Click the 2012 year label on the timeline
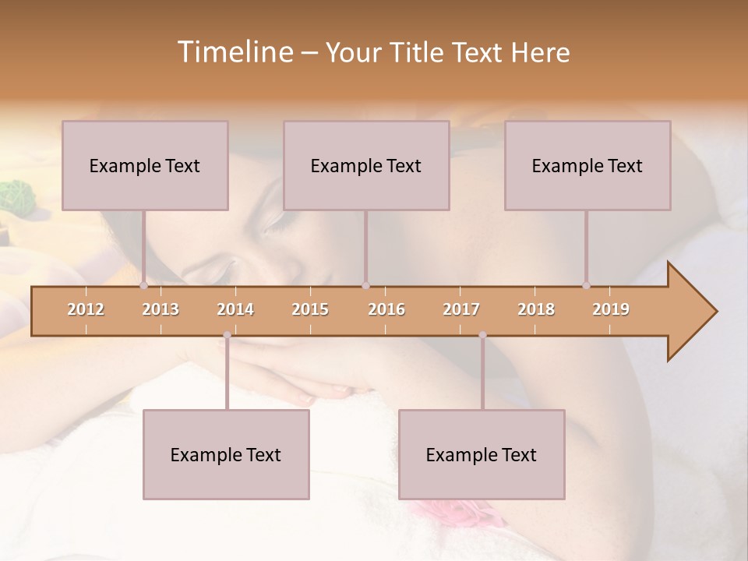(86, 309)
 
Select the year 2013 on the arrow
(161, 309)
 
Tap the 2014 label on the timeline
(235, 309)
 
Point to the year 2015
(310, 309)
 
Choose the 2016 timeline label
(386, 309)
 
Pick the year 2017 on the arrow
(461, 309)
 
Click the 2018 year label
(536, 309)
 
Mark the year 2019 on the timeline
(611, 309)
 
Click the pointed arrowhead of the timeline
(693, 312)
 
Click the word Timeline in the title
(234, 52)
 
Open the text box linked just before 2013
(145, 165)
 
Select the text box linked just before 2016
(366, 165)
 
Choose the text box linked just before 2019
(587, 165)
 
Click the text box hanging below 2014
(226, 454)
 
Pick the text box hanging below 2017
(482, 454)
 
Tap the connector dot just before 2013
(143, 286)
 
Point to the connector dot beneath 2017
(482, 335)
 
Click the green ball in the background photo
(13, 195)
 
